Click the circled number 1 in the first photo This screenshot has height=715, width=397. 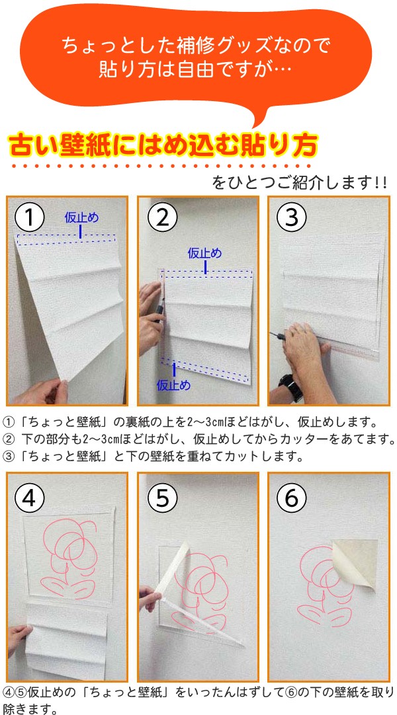pyautogui.click(x=30, y=218)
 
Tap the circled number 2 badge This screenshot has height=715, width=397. pyautogui.click(x=163, y=218)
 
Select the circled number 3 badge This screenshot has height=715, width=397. pyautogui.click(x=291, y=218)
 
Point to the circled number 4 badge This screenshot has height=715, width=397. pyautogui.click(x=30, y=499)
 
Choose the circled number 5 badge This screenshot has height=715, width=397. pyautogui.click(x=163, y=499)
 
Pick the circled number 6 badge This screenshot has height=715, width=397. pyautogui.click(x=291, y=499)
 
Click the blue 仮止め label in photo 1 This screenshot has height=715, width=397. pyautogui.click(x=81, y=217)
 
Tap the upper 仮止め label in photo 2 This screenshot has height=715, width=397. pyautogui.click(x=205, y=252)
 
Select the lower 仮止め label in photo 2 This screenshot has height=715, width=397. pyautogui.click(x=173, y=385)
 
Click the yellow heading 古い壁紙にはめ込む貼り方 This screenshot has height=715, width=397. pyautogui.click(x=162, y=145)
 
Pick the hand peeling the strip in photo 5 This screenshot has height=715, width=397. pyautogui.click(x=149, y=598)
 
